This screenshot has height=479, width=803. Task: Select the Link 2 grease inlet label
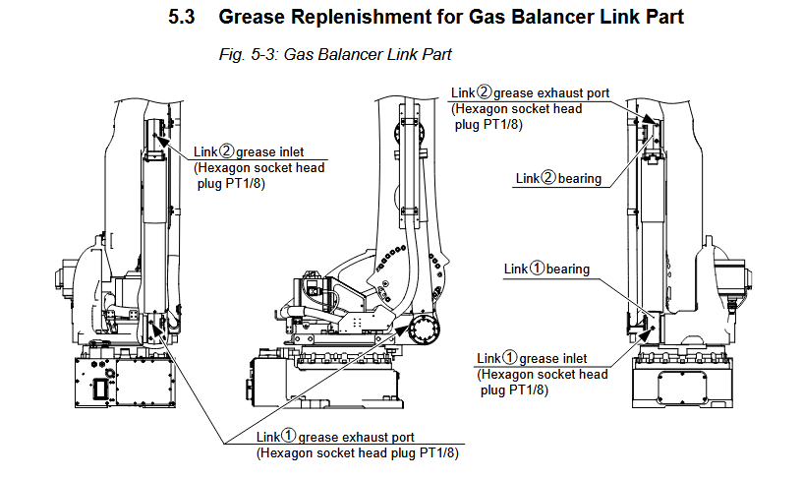click(x=249, y=151)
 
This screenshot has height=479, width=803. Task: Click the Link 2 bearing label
click(x=558, y=178)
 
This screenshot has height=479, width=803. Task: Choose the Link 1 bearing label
click(x=546, y=269)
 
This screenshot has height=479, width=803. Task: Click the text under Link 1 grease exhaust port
click(x=357, y=453)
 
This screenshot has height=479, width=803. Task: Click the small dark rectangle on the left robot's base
click(x=100, y=388)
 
